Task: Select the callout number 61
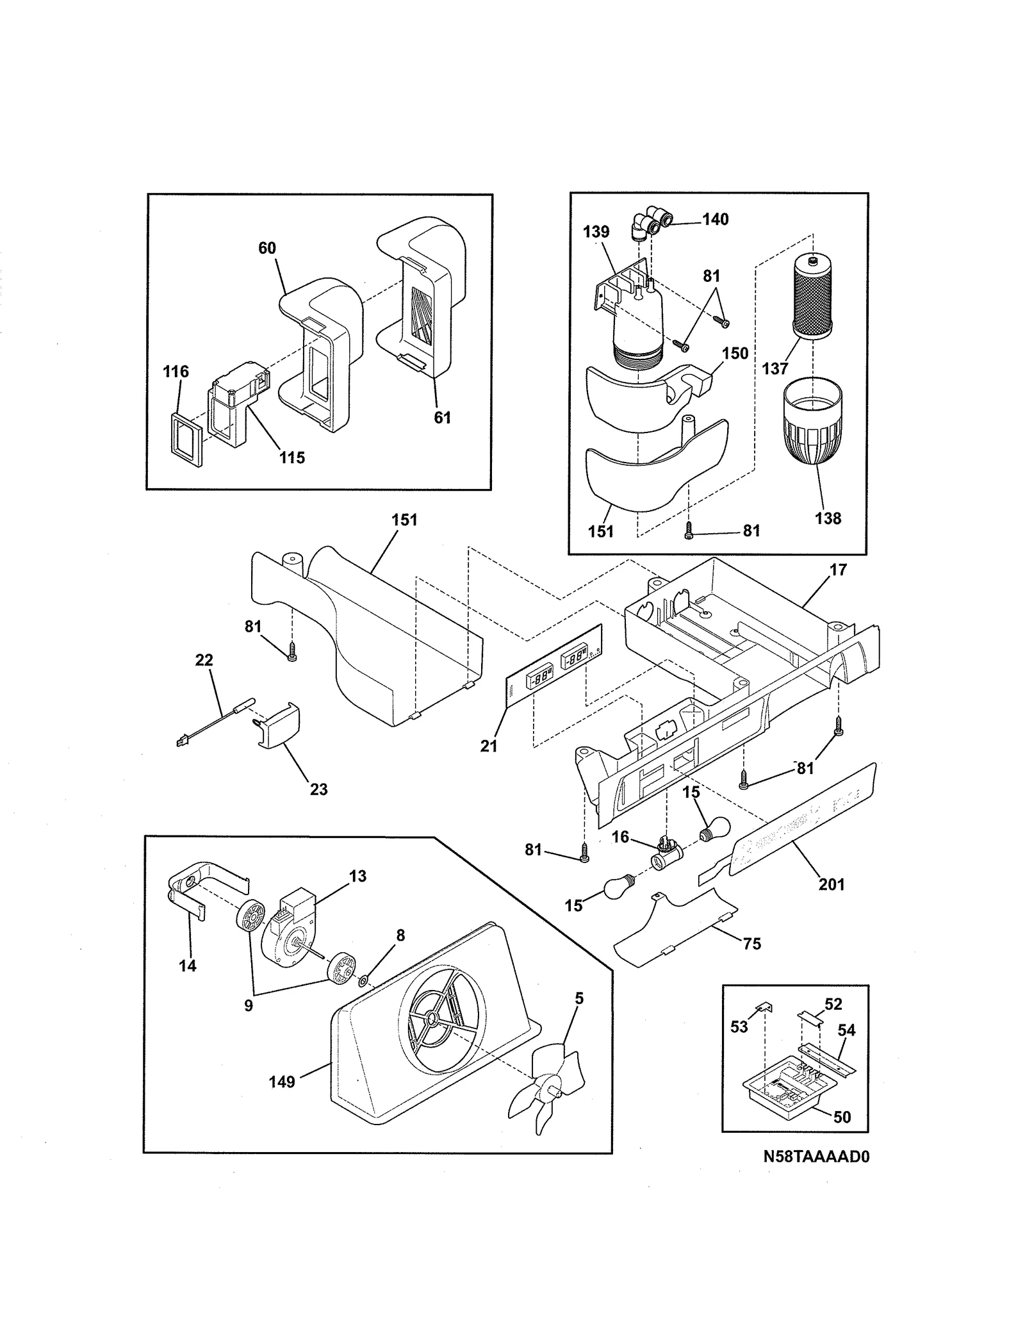pos(442,418)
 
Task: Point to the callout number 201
pos(831,885)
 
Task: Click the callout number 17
pos(838,570)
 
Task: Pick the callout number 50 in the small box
pos(842,1117)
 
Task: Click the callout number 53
pos(739,1027)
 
